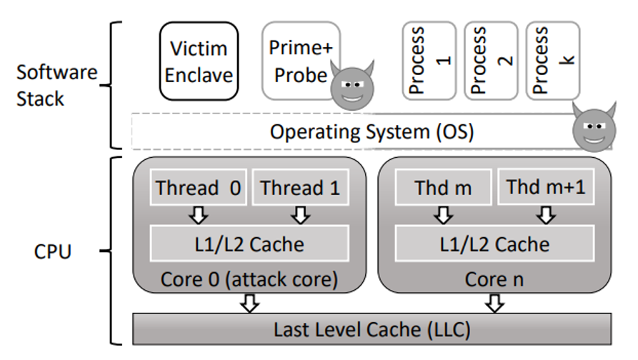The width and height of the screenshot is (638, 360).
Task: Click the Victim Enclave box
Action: tap(199, 61)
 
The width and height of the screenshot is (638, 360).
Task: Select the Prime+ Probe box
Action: tap(301, 61)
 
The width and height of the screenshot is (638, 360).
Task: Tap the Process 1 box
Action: tap(429, 61)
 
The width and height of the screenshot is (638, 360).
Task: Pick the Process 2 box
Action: tap(491, 61)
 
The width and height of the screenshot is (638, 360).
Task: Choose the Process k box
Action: tap(553, 61)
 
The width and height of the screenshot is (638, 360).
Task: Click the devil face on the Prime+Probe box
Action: tap(352, 85)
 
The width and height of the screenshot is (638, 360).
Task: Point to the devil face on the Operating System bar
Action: tap(594, 127)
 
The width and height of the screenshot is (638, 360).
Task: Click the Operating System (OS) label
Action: tap(372, 132)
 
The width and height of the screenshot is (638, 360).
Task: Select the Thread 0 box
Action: tap(199, 187)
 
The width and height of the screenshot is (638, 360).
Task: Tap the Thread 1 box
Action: tap(301, 187)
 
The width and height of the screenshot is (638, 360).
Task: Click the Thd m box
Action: tap(443, 187)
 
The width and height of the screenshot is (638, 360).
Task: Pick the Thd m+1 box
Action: tap(546, 186)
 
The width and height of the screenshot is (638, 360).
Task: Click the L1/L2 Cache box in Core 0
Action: tap(249, 244)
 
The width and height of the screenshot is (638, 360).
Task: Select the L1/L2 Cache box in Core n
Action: tap(494, 244)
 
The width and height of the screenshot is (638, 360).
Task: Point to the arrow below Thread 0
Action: tap(199, 215)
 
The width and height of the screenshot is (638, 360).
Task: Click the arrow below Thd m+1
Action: tap(546, 215)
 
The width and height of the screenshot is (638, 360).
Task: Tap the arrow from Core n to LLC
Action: tap(494, 304)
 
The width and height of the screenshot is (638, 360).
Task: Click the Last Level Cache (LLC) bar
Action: tap(372, 329)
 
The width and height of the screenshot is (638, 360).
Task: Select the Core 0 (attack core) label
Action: tap(249, 279)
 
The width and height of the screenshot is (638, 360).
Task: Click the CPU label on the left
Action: tap(52, 251)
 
